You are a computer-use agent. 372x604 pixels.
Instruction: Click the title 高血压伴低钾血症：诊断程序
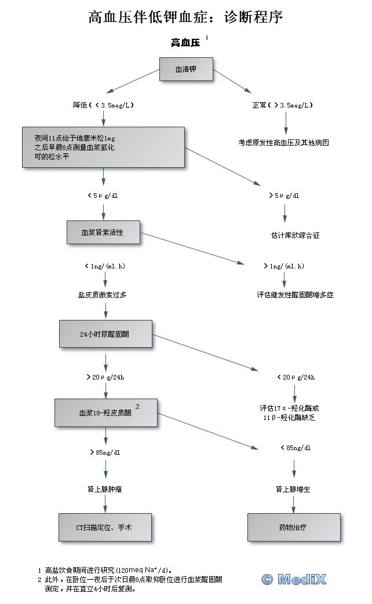coord(185,17)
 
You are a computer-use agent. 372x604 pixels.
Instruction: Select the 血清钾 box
coord(186,69)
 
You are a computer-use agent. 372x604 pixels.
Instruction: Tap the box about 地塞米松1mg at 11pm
coord(104,148)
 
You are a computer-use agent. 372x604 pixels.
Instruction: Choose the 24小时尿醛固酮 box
coord(105,334)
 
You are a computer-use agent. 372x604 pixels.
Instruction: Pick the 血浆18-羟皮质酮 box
coord(106,413)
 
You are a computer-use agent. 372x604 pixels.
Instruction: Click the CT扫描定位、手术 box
coord(105,527)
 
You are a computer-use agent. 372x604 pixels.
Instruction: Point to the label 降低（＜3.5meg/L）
coord(104,105)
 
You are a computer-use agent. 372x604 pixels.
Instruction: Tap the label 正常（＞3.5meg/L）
coord(284,105)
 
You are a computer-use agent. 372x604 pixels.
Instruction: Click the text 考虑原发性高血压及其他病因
coord(284,142)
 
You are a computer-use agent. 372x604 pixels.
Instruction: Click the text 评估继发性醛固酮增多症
coord(296,294)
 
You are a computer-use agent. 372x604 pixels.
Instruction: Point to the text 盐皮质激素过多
coord(103,294)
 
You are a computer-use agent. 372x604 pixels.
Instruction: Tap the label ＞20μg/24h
coord(105,377)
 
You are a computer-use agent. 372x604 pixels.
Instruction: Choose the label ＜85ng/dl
coord(296,448)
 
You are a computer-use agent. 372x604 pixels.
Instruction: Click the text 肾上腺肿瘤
coord(105,489)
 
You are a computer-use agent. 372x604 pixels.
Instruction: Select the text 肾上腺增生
coord(293,489)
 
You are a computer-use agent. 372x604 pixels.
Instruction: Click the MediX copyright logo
coord(294,579)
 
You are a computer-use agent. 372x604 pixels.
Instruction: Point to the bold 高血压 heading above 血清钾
coord(185,43)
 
